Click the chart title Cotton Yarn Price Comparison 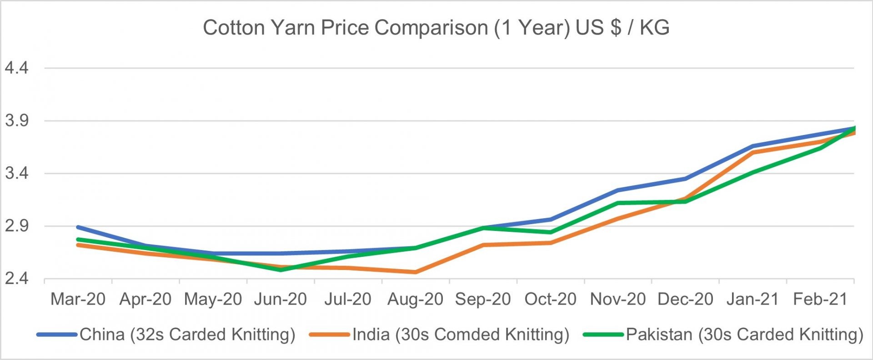(x=436, y=28)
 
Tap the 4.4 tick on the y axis (x=16, y=68)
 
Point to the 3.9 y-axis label (x=16, y=121)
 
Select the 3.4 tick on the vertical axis (x=16, y=173)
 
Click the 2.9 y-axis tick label (x=16, y=226)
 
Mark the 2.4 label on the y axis (x=16, y=278)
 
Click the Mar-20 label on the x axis (x=78, y=299)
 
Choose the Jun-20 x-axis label (x=280, y=299)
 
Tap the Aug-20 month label (x=415, y=299)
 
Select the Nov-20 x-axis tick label (x=617, y=299)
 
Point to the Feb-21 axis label (x=820, y=299)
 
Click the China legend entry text (x=187, y=335)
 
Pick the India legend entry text (x=461, y=335)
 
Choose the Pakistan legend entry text (x=744, y=335)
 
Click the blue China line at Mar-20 (x=78, y=227)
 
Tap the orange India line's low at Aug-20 (x=415, y=272)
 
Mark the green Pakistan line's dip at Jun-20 (x=281, y=270)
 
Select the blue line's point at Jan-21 (x=753, y=146)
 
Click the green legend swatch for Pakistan (x=603, y=335)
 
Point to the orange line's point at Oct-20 (x=550, y=243)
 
